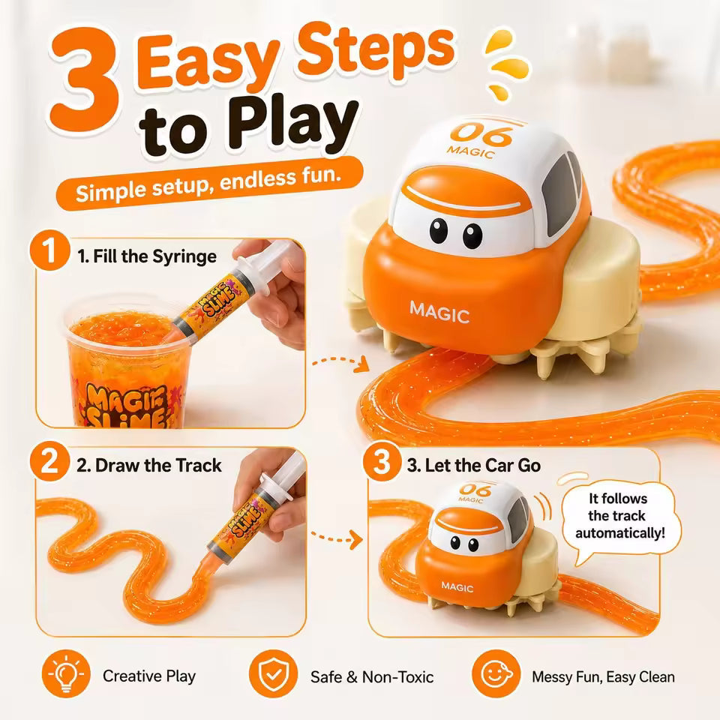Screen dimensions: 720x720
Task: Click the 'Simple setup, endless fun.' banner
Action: click(209, 183)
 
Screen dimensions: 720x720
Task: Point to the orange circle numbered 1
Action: click(50, 250)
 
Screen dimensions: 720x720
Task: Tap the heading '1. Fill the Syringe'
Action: click(147, 256)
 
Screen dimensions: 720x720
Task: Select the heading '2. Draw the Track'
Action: click(149, 466)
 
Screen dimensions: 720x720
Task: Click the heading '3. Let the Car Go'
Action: click(474, 466)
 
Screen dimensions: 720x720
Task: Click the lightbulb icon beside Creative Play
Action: click(67, 673)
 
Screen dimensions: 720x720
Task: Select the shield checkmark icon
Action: click(273, 673)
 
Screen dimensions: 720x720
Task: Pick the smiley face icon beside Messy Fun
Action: click(496, 673)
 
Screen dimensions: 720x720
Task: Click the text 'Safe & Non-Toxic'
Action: click(372, 676)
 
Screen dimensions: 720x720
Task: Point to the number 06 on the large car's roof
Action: click(481, 133)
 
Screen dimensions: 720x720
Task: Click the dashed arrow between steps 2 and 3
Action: click(337, 536)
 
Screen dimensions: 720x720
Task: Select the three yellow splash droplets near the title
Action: click(507, 64)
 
